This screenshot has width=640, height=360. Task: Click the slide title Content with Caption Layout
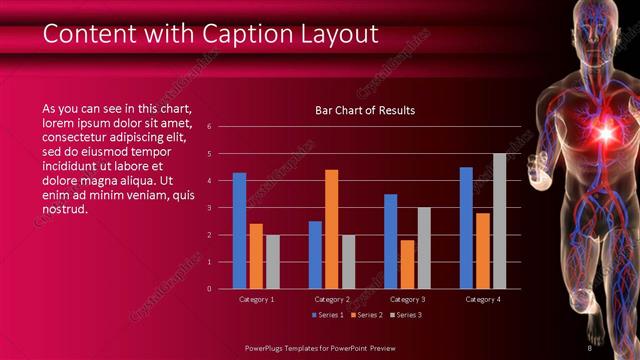click(210, 34)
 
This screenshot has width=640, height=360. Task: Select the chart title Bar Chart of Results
click(358, 110)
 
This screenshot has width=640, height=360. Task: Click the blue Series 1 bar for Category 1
click(240, 230)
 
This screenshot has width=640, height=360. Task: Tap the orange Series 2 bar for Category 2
click(332, 229)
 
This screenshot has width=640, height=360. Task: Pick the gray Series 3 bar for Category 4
click(500, 221)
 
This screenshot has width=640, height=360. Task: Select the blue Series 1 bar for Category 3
click(391, 241)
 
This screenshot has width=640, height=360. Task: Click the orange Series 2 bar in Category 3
click(407, 264)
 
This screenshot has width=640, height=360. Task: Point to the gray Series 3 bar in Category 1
click(273, 261)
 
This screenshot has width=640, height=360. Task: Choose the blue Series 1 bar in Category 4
click(466, 227)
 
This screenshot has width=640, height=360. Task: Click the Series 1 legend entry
click(329, 315)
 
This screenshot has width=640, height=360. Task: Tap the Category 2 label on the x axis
click(332, 299)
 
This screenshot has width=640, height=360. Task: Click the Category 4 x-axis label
click(483, 299)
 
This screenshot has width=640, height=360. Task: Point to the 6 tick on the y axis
click(210, 127)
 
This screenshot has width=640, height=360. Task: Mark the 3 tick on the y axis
click(210, 208)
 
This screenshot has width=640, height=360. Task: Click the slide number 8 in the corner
click(589, 348)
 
